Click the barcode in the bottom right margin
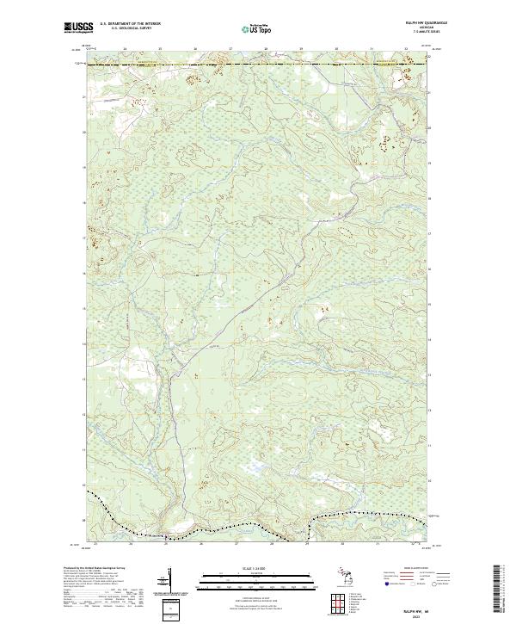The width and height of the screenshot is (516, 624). pyautogui.click(x=497, y=590)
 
